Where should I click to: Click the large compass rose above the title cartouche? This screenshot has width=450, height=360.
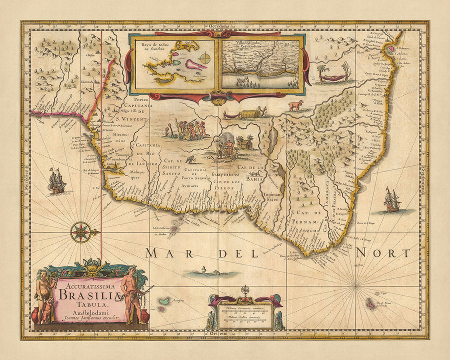[x=80, y=232]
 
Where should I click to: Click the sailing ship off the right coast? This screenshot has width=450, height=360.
[x=391, y=200]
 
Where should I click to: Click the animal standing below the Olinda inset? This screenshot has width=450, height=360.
[x=295, y=105]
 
